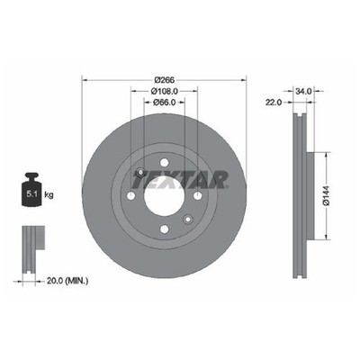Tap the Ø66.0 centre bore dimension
(162, 102)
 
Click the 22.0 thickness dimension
(274, 102)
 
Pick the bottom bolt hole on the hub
(162, 231)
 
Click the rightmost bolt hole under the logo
(195, 197)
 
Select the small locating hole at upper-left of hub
(139, 174)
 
